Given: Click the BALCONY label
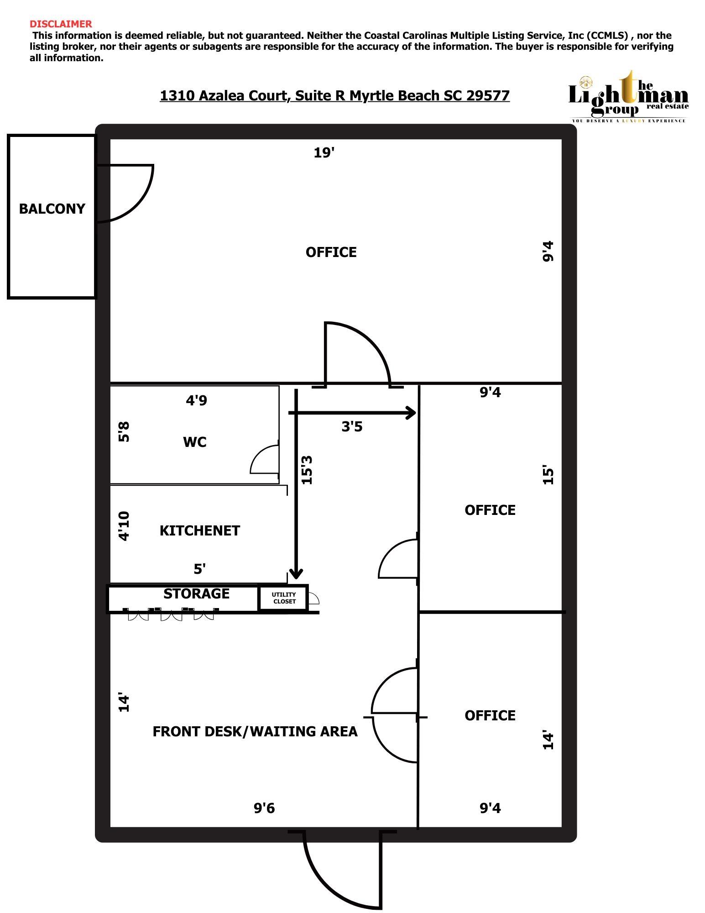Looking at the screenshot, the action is [52, 209].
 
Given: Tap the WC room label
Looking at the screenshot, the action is [195, 442].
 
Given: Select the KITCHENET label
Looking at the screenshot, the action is [200, 530].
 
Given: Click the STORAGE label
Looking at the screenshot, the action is [196, 593].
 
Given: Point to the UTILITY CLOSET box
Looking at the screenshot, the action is [284, 598].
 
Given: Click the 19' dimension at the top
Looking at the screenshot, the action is [324, 152].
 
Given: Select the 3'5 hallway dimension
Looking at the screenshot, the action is [352, 426].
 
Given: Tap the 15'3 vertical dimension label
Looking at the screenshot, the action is [307, 469].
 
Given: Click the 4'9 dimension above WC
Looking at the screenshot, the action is [196, 400].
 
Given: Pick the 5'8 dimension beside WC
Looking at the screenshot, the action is [124, 431].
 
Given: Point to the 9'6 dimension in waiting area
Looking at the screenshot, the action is [264, 808].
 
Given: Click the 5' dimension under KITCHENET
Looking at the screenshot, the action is [199, 569].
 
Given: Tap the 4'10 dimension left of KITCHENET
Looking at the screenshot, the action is [124, 526].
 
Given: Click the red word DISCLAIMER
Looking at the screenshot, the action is [61, 24].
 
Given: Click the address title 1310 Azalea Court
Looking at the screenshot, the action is [334, 95].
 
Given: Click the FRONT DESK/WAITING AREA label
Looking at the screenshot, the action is [255, 731].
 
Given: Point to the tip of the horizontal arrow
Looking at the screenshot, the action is [416, 413].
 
